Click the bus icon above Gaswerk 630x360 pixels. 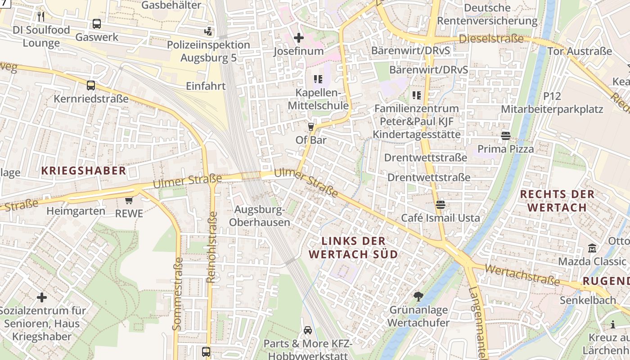click(x=97, y=24)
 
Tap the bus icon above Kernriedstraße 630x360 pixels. click(x=91, y=85)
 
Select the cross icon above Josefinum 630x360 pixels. click(x=299, y=38)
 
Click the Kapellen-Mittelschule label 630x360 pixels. click(x=322, y=99)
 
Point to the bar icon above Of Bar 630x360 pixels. click(x=310, y=126)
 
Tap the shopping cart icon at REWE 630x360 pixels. click(x=129, y=200)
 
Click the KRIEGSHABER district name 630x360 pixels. click(x=84, y=171)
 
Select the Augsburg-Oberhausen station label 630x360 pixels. click(x=260, y=216)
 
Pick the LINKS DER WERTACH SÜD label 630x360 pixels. click(x=354, y=247)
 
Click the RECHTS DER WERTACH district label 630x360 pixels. click(x=557, y=201)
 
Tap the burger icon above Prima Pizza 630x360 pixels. click(x=505, y=135)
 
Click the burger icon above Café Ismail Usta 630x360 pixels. click(x=441, y=205)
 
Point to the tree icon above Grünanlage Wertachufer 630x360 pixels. click(x=418, y=296)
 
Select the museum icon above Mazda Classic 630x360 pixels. click(x=592, y=248)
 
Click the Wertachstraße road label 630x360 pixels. click(x=523, y=275)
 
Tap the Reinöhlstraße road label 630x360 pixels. click(x=211, y=247)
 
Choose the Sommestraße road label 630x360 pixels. click(x=178, y=293)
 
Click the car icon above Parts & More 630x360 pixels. click(x=308, y=330)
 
